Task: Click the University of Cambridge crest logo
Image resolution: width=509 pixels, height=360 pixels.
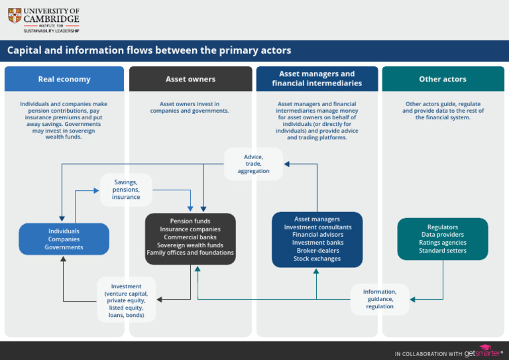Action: (x=15, y=15)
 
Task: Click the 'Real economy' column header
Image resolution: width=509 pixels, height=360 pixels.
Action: (x=64, y=79)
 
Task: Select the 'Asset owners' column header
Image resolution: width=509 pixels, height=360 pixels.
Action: (x=190, y=79)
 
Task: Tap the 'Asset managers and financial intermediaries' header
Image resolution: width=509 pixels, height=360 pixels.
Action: (x=317, y=79)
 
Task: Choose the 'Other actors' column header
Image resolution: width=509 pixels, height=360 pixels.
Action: (x=443, y=79)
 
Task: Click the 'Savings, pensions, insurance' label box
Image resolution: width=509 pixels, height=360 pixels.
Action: (x=126, y=190)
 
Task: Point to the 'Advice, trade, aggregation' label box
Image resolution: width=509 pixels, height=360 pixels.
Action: (x=253, y=164)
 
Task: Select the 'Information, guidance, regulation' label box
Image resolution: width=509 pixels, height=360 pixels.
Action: (x=380, y=299)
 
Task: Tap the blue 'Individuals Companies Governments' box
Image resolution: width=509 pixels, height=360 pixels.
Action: (x=64, y=239)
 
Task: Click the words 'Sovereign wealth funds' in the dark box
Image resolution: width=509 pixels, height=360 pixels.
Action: (x=190, y=245)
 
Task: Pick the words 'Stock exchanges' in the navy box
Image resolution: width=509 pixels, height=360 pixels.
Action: (x=317, y=259)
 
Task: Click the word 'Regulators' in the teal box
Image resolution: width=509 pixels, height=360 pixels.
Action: (x=443, y=227)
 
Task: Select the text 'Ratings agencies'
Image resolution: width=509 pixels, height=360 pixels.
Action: (x=443, y=243)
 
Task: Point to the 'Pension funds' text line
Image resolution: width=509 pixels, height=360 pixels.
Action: (x=190, y=221)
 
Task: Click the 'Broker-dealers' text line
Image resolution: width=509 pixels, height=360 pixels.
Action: (x=317, y=251)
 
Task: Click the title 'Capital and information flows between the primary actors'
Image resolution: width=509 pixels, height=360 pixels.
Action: (x=149, y=50)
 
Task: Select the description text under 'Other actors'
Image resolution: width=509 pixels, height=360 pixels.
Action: (x=443, y=111)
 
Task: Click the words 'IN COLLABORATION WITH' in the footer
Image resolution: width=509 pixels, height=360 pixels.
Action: (x=427, y=353)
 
